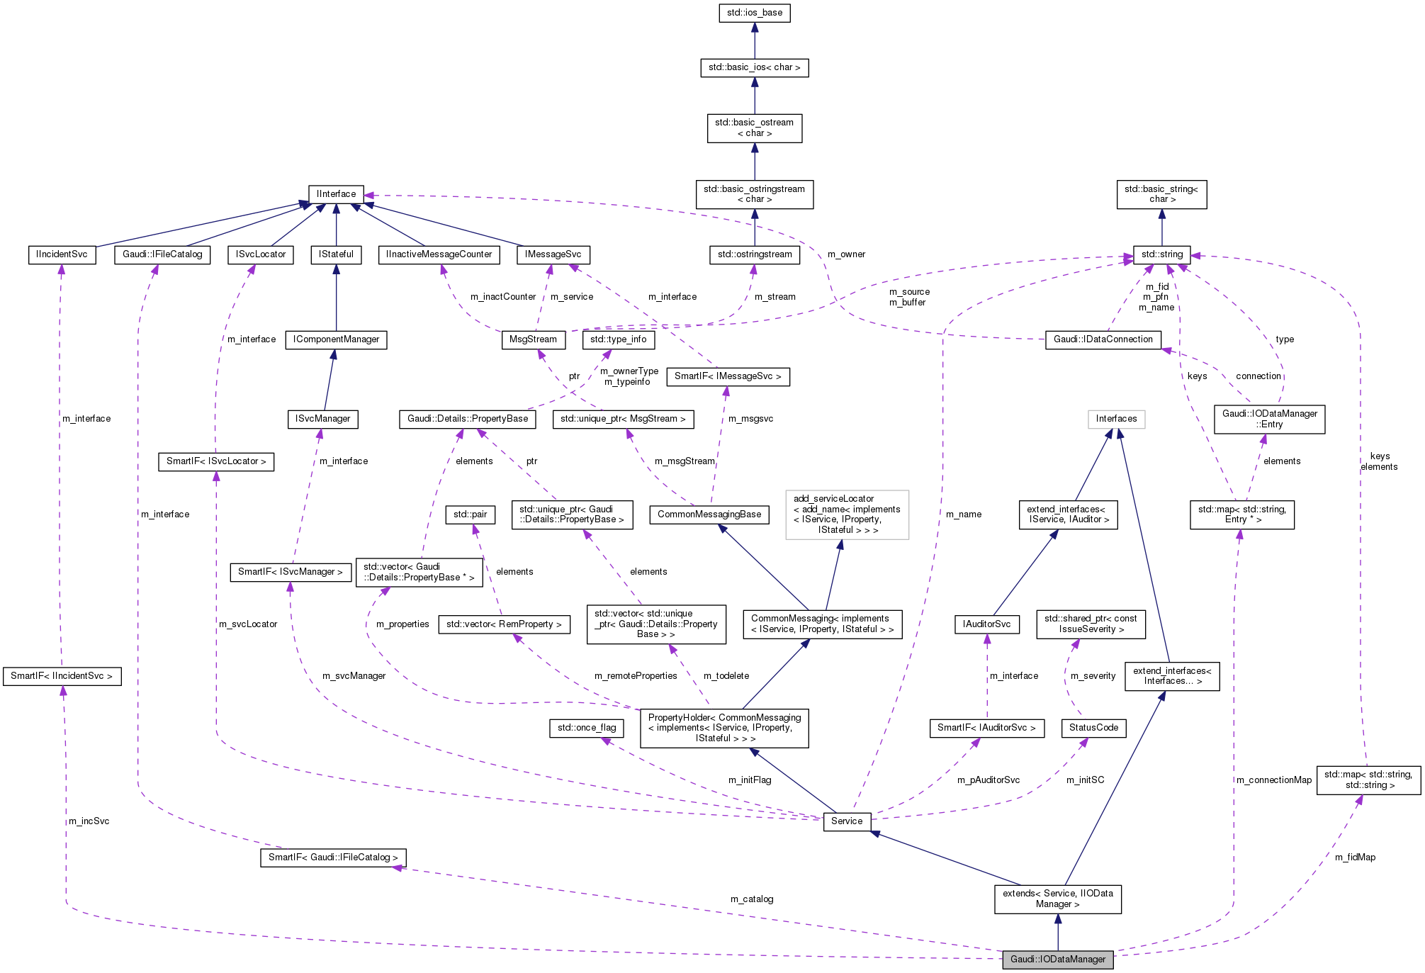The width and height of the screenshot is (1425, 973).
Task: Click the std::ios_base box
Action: pos(755,13)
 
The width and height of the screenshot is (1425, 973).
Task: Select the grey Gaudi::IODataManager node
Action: pos(1057,959)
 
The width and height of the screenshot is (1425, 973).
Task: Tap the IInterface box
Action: pos(336,193)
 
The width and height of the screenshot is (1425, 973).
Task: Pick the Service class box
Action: pos(847,821)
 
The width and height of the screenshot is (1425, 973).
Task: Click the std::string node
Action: pos(1161,254)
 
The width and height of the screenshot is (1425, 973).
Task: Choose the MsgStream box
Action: pos(533,339)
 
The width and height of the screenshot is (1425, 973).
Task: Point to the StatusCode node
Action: pos(1093,727)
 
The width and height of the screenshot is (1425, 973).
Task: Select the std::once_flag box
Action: pos(587,727)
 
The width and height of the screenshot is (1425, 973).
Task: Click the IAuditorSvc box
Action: pos(986,624)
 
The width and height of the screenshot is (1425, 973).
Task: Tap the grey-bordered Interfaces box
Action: pos(1116,418)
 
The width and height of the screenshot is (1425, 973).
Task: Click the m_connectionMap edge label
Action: pos(1274,780)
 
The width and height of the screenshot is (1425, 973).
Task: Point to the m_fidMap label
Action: pos(1355,857)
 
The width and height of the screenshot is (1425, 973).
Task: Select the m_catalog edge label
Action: pos(752,899)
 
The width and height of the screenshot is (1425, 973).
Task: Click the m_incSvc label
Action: pos(89,821)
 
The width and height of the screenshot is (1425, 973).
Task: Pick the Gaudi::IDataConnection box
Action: pos(1103,339)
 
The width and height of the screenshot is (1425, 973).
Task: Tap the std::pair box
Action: pos(471,514)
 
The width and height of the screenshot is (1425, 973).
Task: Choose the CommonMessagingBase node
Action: pos(709,514)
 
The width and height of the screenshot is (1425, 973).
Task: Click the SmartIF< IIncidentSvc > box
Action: pos(62,675)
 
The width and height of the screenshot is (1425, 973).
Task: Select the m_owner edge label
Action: pos(846,254)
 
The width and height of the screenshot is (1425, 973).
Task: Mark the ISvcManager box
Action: pos(322,418)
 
